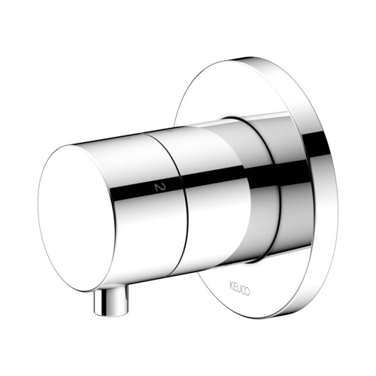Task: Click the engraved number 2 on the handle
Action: [158, 187]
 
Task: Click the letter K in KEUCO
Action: [232, 286]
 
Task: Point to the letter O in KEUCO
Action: [247, 292]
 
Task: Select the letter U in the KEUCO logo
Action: [239, 289]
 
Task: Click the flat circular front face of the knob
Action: [77, 219]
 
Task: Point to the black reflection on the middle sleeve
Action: [213, 174]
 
